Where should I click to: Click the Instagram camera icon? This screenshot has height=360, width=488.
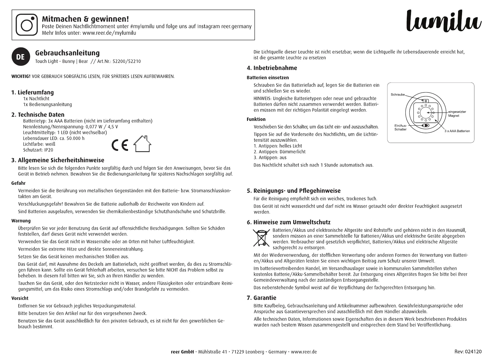tap(27, 24)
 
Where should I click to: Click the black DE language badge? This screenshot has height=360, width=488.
tap(21, 57)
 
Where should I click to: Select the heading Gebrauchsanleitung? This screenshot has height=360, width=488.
tap(67, 53)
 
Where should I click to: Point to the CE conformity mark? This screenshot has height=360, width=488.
tap(120, 145)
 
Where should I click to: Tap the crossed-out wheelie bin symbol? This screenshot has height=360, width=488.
tap(261, 238)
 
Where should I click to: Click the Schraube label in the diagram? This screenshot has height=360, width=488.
tap(397, 95)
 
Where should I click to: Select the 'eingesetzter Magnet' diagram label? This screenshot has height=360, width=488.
tap(457, 114)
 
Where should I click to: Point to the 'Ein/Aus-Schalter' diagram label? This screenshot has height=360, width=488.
tap(400, 127)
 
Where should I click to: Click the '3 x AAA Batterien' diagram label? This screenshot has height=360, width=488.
tap(457, 131)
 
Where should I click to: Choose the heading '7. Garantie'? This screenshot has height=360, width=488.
tap(262, 298)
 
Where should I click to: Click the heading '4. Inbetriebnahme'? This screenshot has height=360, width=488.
tap(272, 68)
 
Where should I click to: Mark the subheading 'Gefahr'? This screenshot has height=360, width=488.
tap(18, 183)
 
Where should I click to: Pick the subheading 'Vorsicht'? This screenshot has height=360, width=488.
tap(20, 298)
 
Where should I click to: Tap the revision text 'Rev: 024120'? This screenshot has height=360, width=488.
tap(468, 352)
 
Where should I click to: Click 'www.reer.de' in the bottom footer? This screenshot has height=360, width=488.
tap(304, 352)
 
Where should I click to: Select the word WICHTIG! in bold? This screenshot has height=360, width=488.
tap(21, 76)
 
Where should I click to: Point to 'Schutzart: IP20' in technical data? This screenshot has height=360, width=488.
tap(38, 150)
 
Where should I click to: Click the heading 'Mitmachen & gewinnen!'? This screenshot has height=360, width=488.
tap(85, 19)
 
